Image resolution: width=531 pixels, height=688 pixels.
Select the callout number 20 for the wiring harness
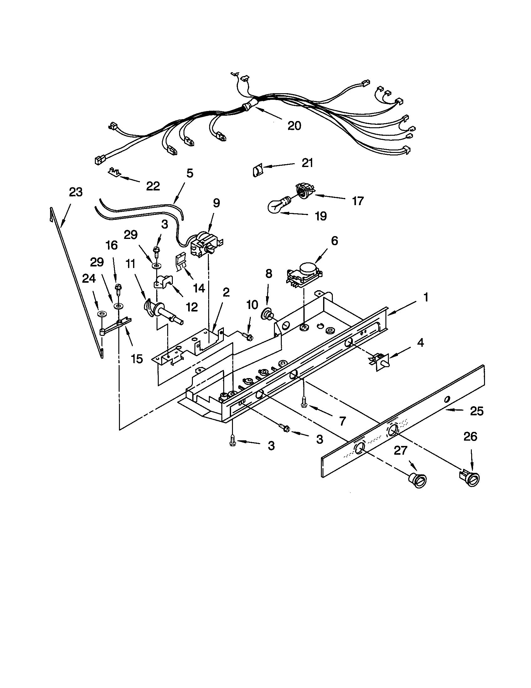click(x=294, y=126)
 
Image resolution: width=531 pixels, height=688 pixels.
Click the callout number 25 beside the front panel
click(x=477, y=411)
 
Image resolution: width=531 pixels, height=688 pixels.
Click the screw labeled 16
click(x=118, y=289)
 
